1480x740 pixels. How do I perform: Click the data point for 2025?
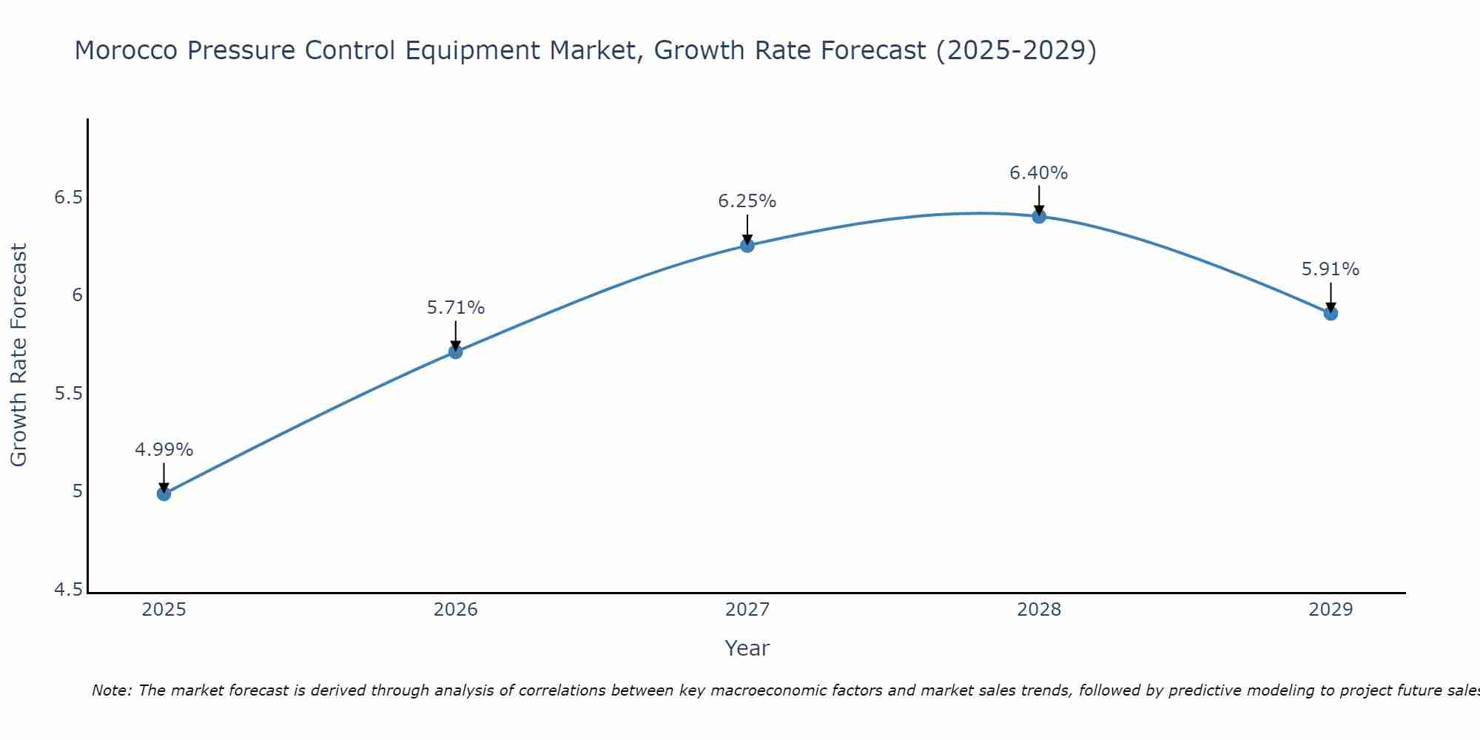coord(164,494)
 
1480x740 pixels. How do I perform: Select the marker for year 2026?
coord(456,351)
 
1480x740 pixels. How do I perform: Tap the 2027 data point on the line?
coord(747,245)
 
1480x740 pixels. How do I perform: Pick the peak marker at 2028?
coord(1039,216)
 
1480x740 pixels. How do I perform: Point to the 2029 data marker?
coord(1331,313)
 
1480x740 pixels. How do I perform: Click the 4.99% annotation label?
coord(164,450)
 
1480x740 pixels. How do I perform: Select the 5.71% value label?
coord(456,308)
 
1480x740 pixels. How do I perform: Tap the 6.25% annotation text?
coord(747,201)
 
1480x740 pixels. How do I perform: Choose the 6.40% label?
coord(1039,173)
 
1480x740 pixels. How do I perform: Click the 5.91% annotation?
coord(1331,269)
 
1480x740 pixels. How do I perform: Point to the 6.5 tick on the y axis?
coord(69,198)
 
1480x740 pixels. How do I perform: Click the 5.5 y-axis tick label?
coord(69,394)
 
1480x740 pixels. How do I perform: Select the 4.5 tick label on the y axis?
coord(69,590)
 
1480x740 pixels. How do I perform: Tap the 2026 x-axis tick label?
coord(456,610)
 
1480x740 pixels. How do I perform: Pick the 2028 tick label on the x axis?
coord(1039,610)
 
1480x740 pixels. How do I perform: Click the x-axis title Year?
coord(747,648)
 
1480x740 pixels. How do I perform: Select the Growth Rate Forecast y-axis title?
coord(19,355)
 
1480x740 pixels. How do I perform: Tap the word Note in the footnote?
coord(111,690)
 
